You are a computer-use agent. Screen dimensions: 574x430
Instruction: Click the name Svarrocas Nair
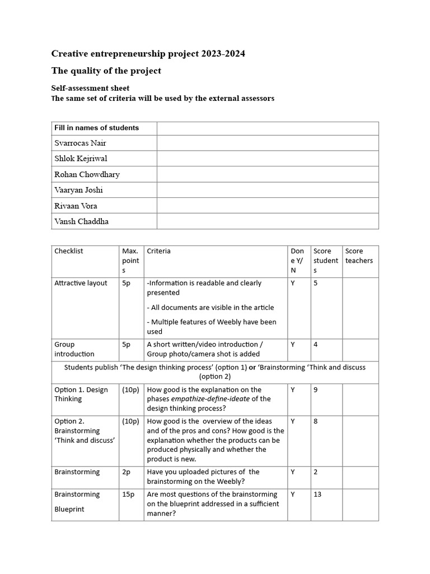pyautogui.click(x=80, y=143)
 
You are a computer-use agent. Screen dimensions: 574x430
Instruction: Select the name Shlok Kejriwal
pyautogui.click(x=81, y=159)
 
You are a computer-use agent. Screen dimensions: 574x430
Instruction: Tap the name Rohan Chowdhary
pyautogui.click(x=87, y=174)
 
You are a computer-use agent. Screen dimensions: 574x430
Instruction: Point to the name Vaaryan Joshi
pyautogui.click(x=78, y=190)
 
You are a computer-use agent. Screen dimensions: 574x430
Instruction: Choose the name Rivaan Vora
pyautogui.click(x=76, y=206)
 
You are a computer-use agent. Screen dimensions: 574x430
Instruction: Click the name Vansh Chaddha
pyautogui.click(x=81, y=221)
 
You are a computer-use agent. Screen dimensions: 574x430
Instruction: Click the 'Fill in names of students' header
pyautogui.click(x=96, y=128)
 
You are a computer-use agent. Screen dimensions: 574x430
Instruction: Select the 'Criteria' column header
pyautogui.click(x=159, y=251)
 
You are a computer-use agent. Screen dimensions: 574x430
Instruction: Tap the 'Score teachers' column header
pyautogui.click(x=359, y=256)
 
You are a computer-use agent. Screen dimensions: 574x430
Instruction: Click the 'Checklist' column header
pyautogui.click(x=68, y=251)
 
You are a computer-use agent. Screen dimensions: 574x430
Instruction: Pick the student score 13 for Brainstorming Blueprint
pyautogui.click(x=318, y=494)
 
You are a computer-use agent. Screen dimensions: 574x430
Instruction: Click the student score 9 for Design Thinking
pyautogui.click(x=316, y=390)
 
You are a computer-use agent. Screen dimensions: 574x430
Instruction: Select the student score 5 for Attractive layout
pyautogui.click(x=316, y=283)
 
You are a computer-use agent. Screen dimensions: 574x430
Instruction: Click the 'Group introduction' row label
pyautogui.click(x=74, y=349)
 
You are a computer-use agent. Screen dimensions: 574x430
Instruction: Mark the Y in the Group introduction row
pyautogui.click(x=292, y=345)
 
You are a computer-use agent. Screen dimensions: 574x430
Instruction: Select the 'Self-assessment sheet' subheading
pyautogui.click(x=90, y=88)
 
